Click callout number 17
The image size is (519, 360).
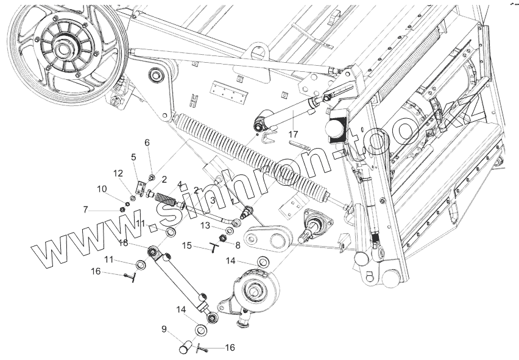293,134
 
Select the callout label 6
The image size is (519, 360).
147,143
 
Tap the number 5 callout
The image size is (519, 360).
133,157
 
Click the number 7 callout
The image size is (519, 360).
86,210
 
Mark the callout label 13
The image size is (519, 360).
207,225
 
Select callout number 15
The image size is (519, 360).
187,245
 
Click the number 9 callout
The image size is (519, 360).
164,329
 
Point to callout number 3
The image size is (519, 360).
213,199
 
